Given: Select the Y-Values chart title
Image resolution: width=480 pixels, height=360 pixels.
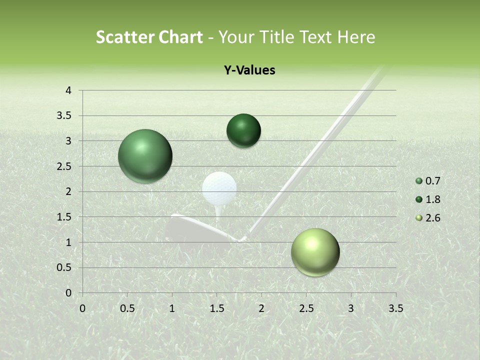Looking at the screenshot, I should pos(249,70).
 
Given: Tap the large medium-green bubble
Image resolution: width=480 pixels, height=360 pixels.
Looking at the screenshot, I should pos(145,156).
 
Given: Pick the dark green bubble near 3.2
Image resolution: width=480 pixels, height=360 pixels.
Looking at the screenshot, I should pos(243,131).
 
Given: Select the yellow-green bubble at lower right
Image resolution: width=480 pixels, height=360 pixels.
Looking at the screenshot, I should pos(315,252).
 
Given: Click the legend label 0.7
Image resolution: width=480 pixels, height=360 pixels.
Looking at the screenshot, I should pos(432,181).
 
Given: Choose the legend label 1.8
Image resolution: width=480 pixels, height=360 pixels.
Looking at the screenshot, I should pos(432,199).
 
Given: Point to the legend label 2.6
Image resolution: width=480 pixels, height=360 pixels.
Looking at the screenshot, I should pos(432,218).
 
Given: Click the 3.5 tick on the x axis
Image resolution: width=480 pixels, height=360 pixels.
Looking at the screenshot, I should pos(395,308).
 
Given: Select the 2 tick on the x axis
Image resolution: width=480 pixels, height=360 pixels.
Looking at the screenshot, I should pos(261,308).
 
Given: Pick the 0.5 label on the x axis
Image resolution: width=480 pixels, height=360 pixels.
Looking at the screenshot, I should pos(127,308).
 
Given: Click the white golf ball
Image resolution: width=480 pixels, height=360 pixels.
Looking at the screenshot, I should pos(219,188).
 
